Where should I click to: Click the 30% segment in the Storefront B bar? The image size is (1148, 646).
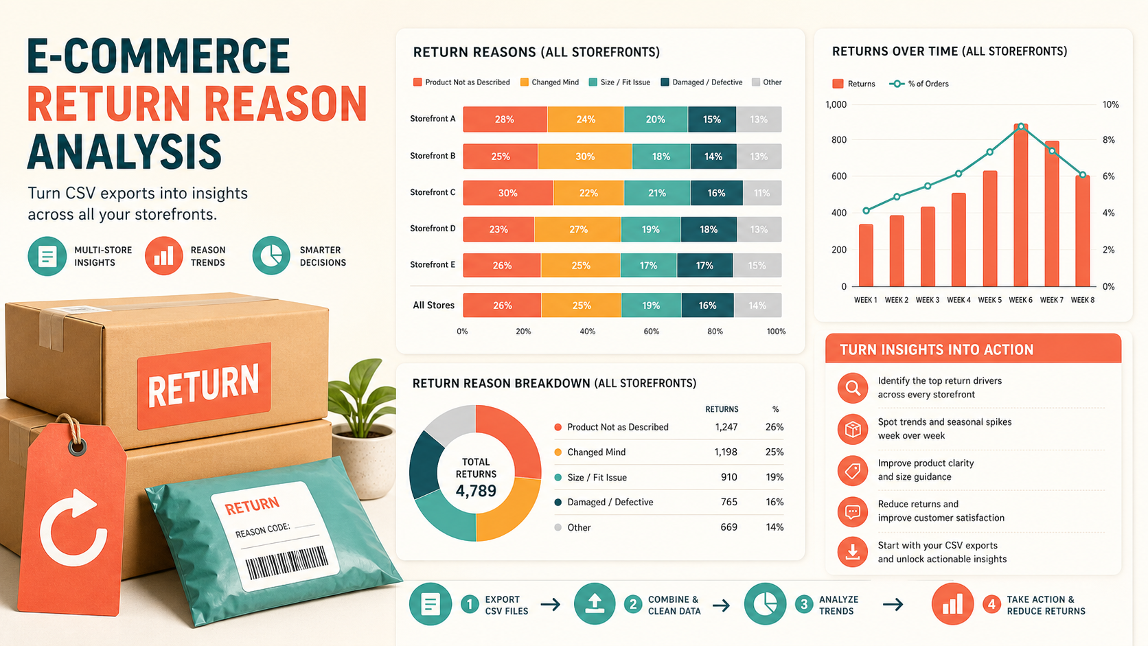coord(585,157)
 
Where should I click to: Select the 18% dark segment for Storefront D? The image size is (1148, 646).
coord(709,229)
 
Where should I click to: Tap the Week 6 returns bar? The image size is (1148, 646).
coord(1021,205)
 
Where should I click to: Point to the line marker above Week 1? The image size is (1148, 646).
coord(866,211)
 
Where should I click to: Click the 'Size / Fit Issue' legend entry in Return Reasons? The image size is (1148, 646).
coord(619,82)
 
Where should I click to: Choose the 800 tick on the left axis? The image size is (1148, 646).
coord(839,140)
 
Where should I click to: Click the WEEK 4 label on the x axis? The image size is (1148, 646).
coord(958,300)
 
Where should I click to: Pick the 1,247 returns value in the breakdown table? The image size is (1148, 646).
coord(726,427)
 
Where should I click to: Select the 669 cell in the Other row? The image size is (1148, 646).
coord(728,527)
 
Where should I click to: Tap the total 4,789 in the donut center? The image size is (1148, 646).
coord(476,491)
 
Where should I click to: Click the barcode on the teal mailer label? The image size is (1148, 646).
coord(286,562)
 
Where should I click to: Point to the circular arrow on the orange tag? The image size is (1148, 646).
coord(73,528)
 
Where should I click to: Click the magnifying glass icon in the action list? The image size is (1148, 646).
coord(853,388)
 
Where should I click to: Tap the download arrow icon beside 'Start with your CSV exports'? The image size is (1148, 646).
coord(853,552)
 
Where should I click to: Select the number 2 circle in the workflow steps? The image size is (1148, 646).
coord(633,605)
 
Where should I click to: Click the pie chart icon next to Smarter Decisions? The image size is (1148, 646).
coord(271,255)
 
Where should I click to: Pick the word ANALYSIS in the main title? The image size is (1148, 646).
coord(124,152)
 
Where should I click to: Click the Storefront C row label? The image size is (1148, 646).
coord(433,192)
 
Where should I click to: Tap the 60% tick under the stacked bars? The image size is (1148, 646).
coord(651,332)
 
